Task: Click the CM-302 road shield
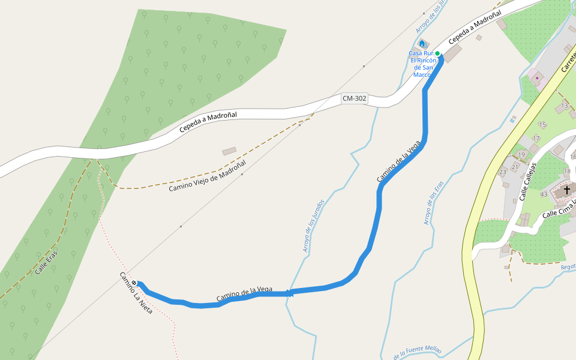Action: [x=354, y=98]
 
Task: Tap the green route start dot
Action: [x=438, y=54]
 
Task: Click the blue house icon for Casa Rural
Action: [x=422, y=44]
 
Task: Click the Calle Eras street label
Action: [x=46, y=262]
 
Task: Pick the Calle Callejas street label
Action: [x=527, y=182]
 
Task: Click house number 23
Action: [x=503, y=172]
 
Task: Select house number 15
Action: [x=542, y=125]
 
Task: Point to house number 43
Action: [x=544, y=194]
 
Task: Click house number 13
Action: [x=564, y=106]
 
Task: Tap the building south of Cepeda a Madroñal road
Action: [x=229, y=152]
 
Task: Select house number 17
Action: [x=536, y=139]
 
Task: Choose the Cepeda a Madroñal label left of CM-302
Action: [x=208, y=122]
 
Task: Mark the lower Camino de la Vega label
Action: [x=244, y=293]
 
